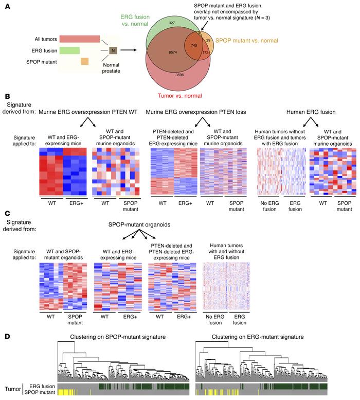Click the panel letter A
tap(7, 6)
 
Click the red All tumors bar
tap(79, 39)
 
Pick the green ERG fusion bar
tap(69, 50)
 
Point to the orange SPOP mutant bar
tap(85, 62)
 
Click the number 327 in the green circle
tap(172, 23)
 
